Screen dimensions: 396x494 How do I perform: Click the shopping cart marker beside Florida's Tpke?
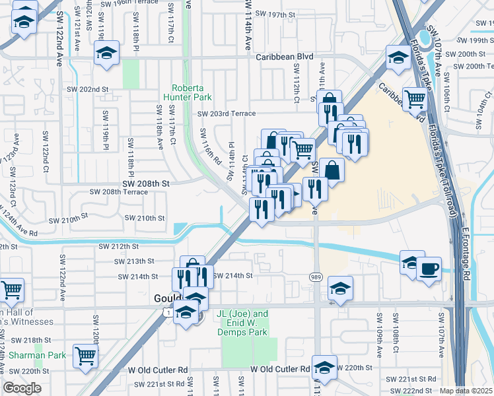[x=415, y=99]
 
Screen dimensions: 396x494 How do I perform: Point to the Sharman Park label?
[x=37, y=355]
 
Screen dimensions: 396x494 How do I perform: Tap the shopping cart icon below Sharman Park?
[x=86, y=356]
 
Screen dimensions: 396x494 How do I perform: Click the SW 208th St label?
[x=146, y=182]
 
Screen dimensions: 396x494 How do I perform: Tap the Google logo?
[x=22, y=388]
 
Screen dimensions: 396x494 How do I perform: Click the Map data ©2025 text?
[x=466, y=391]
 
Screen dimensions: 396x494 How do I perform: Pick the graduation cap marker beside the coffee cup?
[x=411, y=262]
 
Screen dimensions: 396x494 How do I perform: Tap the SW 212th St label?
[x=118, y=246]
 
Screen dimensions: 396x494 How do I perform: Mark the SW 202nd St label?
[x=87, y=89]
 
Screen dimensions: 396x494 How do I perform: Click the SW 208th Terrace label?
[x=119, y=191]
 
